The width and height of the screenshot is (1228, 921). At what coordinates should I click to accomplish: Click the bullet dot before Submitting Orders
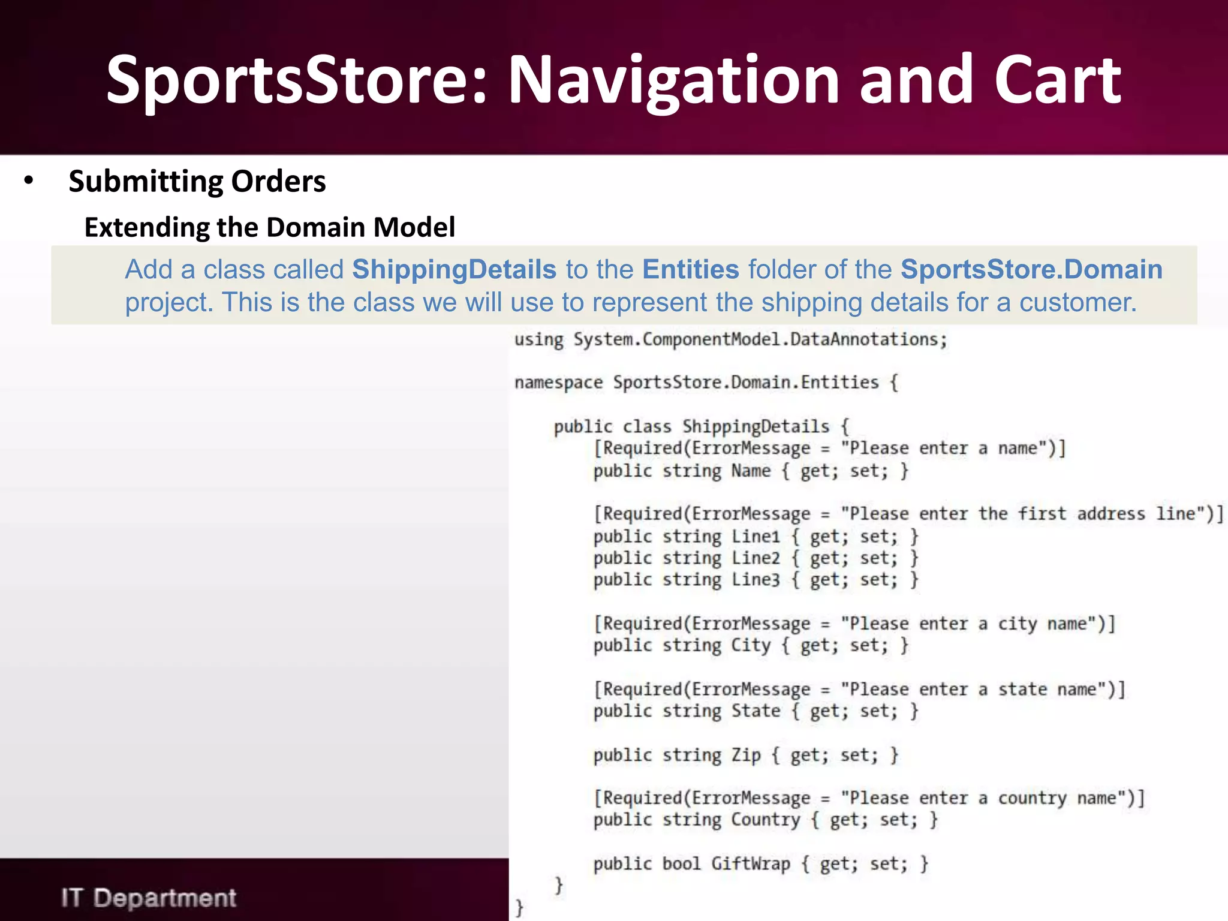tap(28, 180)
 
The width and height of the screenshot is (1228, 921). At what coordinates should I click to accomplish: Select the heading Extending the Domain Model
tap(270, 227)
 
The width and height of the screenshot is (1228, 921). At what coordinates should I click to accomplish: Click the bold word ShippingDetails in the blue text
tap(454, 269)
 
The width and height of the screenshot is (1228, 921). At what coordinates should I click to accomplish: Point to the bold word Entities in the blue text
tap(690, 269)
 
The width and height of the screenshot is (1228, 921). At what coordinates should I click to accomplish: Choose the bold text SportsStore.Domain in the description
tap(1031, 269)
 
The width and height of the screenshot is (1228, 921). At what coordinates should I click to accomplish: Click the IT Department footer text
tap(149, 898)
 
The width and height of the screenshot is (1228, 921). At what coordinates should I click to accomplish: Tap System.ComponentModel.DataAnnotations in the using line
tap(759, 339)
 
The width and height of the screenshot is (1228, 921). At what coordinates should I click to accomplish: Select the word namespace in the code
tap(558, 383)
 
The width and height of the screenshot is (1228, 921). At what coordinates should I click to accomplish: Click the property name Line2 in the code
tap(756, 558)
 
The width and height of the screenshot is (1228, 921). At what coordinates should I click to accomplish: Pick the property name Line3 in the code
tap(756, 580)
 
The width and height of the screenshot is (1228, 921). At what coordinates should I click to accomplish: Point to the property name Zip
tap(746, 755)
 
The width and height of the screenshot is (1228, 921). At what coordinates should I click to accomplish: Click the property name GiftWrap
tap(750, 864)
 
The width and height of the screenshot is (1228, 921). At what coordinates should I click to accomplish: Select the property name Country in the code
tap(765, 820)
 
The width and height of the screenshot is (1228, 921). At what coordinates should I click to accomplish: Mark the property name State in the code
tap(756, 711)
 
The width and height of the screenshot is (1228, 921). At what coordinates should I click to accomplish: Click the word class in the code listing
tap(646, 426)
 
